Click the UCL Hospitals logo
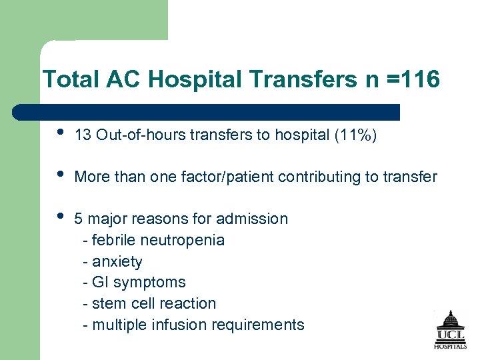451,329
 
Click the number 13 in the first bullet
83,136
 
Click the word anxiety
117,261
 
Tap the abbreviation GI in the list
101,283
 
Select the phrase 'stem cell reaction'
154,303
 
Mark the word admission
255,219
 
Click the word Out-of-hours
141,136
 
